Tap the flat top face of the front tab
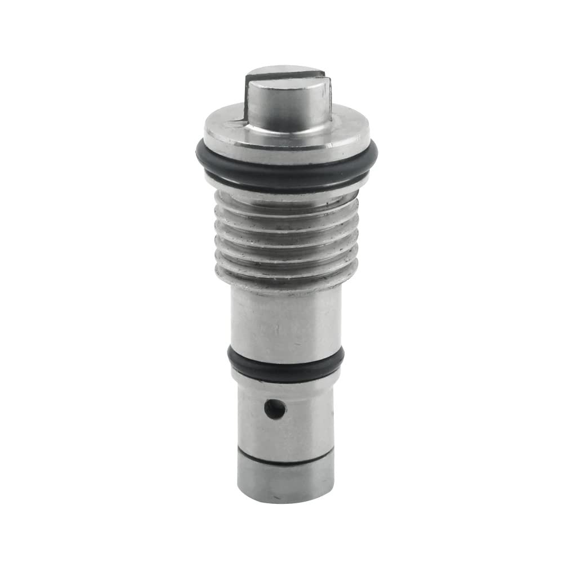tap(287, 87)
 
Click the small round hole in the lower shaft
tap(274, 409)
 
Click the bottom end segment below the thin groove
tap(285, 481)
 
